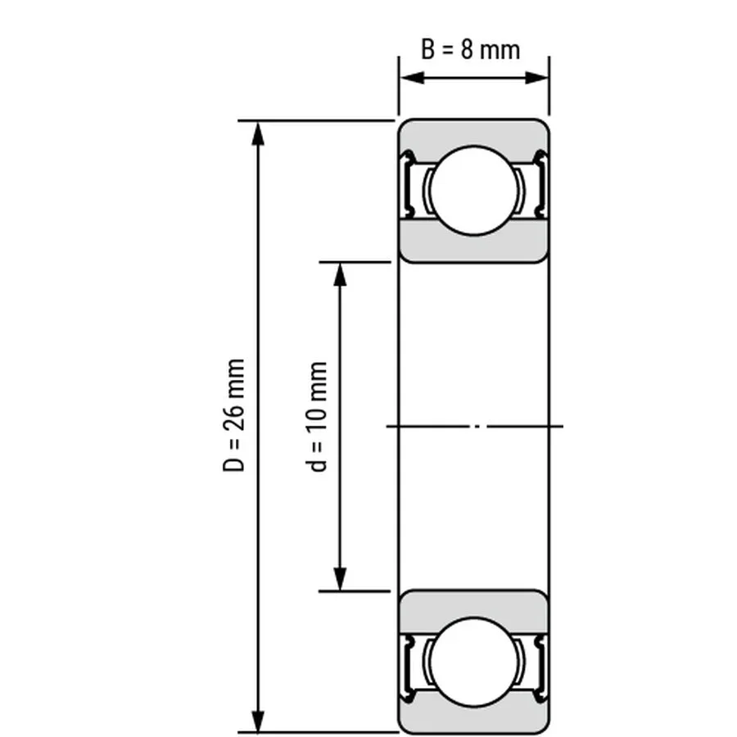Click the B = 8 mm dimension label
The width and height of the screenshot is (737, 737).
470,49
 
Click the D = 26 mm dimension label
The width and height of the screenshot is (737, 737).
235,415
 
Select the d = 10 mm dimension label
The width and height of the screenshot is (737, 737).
319,417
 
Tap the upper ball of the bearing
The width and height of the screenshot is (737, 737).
473,190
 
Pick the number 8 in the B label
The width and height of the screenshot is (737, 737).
467,49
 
